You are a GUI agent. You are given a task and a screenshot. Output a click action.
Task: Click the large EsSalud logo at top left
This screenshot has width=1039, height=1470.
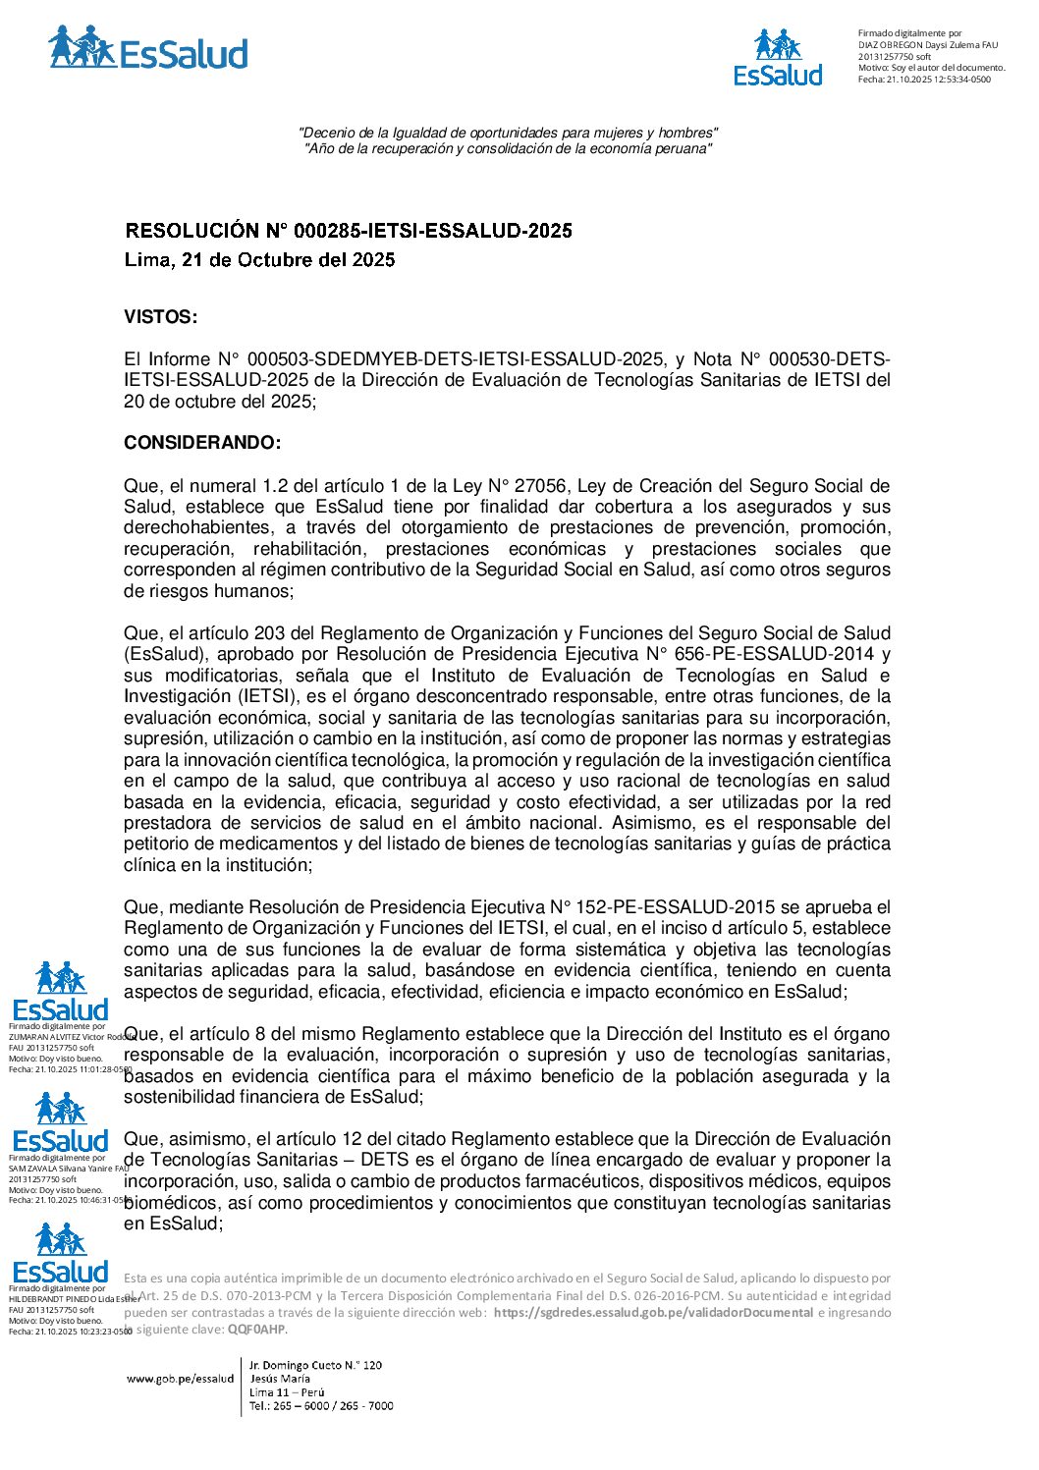click(x=147, y=49)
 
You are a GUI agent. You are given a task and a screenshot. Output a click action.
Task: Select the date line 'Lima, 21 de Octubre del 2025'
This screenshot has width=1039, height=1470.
click(x=259, y=260)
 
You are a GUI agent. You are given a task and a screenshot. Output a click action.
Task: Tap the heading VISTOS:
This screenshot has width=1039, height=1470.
click(x=160, y=317)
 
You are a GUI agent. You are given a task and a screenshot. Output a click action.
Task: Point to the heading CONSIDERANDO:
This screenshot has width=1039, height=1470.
click(x=202, y=443)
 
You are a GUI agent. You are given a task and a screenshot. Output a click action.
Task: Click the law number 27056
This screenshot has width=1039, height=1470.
click(x=540, y=486)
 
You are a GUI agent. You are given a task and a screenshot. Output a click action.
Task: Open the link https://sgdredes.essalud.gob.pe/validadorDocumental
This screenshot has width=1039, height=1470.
click(x=653, y=1313)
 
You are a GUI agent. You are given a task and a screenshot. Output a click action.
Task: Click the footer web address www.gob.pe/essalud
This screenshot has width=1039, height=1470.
click(x=180, y=1379)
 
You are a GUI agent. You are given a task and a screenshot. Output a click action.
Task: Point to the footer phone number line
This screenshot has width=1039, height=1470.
click(x=321, y=1406)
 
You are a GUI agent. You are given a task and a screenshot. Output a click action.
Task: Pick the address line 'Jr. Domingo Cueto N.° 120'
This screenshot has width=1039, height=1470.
click(x=315, y=1365)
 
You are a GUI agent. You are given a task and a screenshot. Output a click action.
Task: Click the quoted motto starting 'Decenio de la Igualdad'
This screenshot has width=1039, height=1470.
click(x=508, y=133)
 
